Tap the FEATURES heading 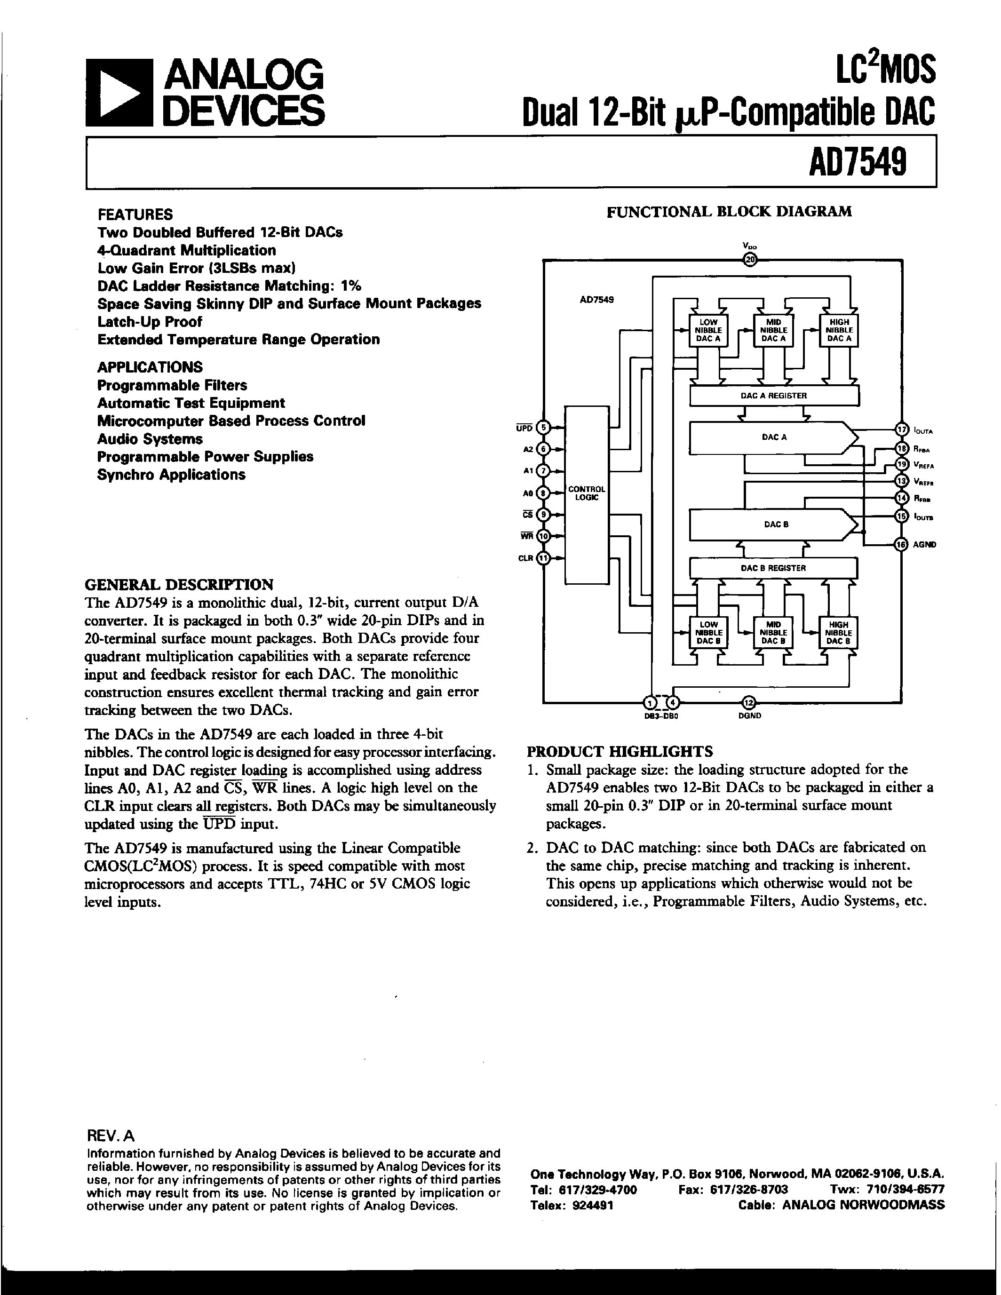pyautogui.click(x=135, y=214)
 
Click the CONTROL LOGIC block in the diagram pyautogui.click(x=587, y=493)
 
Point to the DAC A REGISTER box pyautogui.click(x=774, y=396)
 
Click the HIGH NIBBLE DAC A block pyautogui.click(x=839, y=330)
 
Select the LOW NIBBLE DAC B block pyautogui.click(x=708, y=633)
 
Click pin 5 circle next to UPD pyautogui.click(x=543, y=428)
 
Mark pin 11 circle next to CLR pyautogui.click(x=543, y=558)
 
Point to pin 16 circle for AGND pyautogui.click(x=901, y=544)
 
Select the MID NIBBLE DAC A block pyautogui.click(x=773, y=330)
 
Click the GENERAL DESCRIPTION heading pyautogui.click(x=179, y=585)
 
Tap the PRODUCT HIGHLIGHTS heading pyautogui.click(x=620, y=752)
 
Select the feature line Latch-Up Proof pyautogui.click(x=150, y=322)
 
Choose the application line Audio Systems pyautogui.click(x=150, y=439)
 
